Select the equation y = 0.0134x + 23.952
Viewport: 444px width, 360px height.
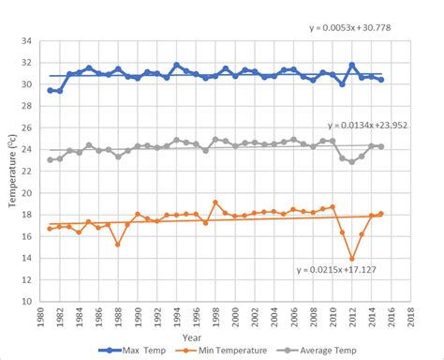(x=372, y=125)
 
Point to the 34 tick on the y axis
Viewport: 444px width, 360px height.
(x=29, y=42)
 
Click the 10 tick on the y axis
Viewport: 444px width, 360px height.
(x=29, y=302)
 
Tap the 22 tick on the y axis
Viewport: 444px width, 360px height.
(x=29, y=172)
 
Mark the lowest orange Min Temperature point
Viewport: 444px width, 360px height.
(x=352, y=259)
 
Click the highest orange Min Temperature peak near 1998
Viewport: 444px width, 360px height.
(x=215, y=202)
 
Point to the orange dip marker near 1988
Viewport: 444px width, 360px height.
(x=118, y=245)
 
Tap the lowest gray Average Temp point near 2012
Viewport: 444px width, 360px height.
(x=352, y=162)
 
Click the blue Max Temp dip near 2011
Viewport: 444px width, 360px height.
(x=343, y=84)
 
